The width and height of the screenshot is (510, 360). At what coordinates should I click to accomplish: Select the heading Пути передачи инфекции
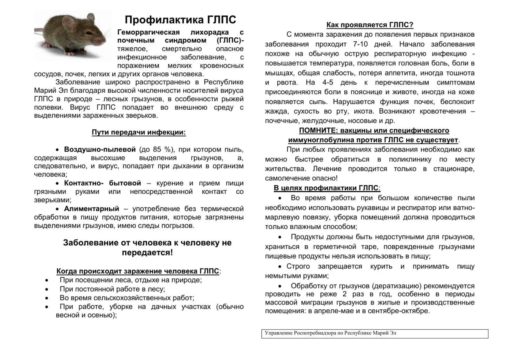click(x=139, y=132)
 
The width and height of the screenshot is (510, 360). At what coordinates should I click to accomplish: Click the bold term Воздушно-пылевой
click(x=100, y=150)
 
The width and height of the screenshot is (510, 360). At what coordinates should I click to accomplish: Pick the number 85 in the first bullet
click(x=157, y=150)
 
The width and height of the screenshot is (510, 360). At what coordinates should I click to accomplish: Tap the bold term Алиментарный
click(x=92, y=209)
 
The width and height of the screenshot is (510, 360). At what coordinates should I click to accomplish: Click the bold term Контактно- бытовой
click(x=102, y=183)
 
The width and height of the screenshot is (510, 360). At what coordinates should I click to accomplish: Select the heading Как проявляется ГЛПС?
click(x=370, y=25)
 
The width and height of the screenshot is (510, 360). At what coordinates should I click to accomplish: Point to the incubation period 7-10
click(x=360, y=44)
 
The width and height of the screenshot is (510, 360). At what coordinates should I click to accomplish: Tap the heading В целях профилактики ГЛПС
click(x=326, y=188)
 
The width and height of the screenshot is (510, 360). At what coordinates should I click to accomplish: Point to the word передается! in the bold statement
click(x=147, y=253)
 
